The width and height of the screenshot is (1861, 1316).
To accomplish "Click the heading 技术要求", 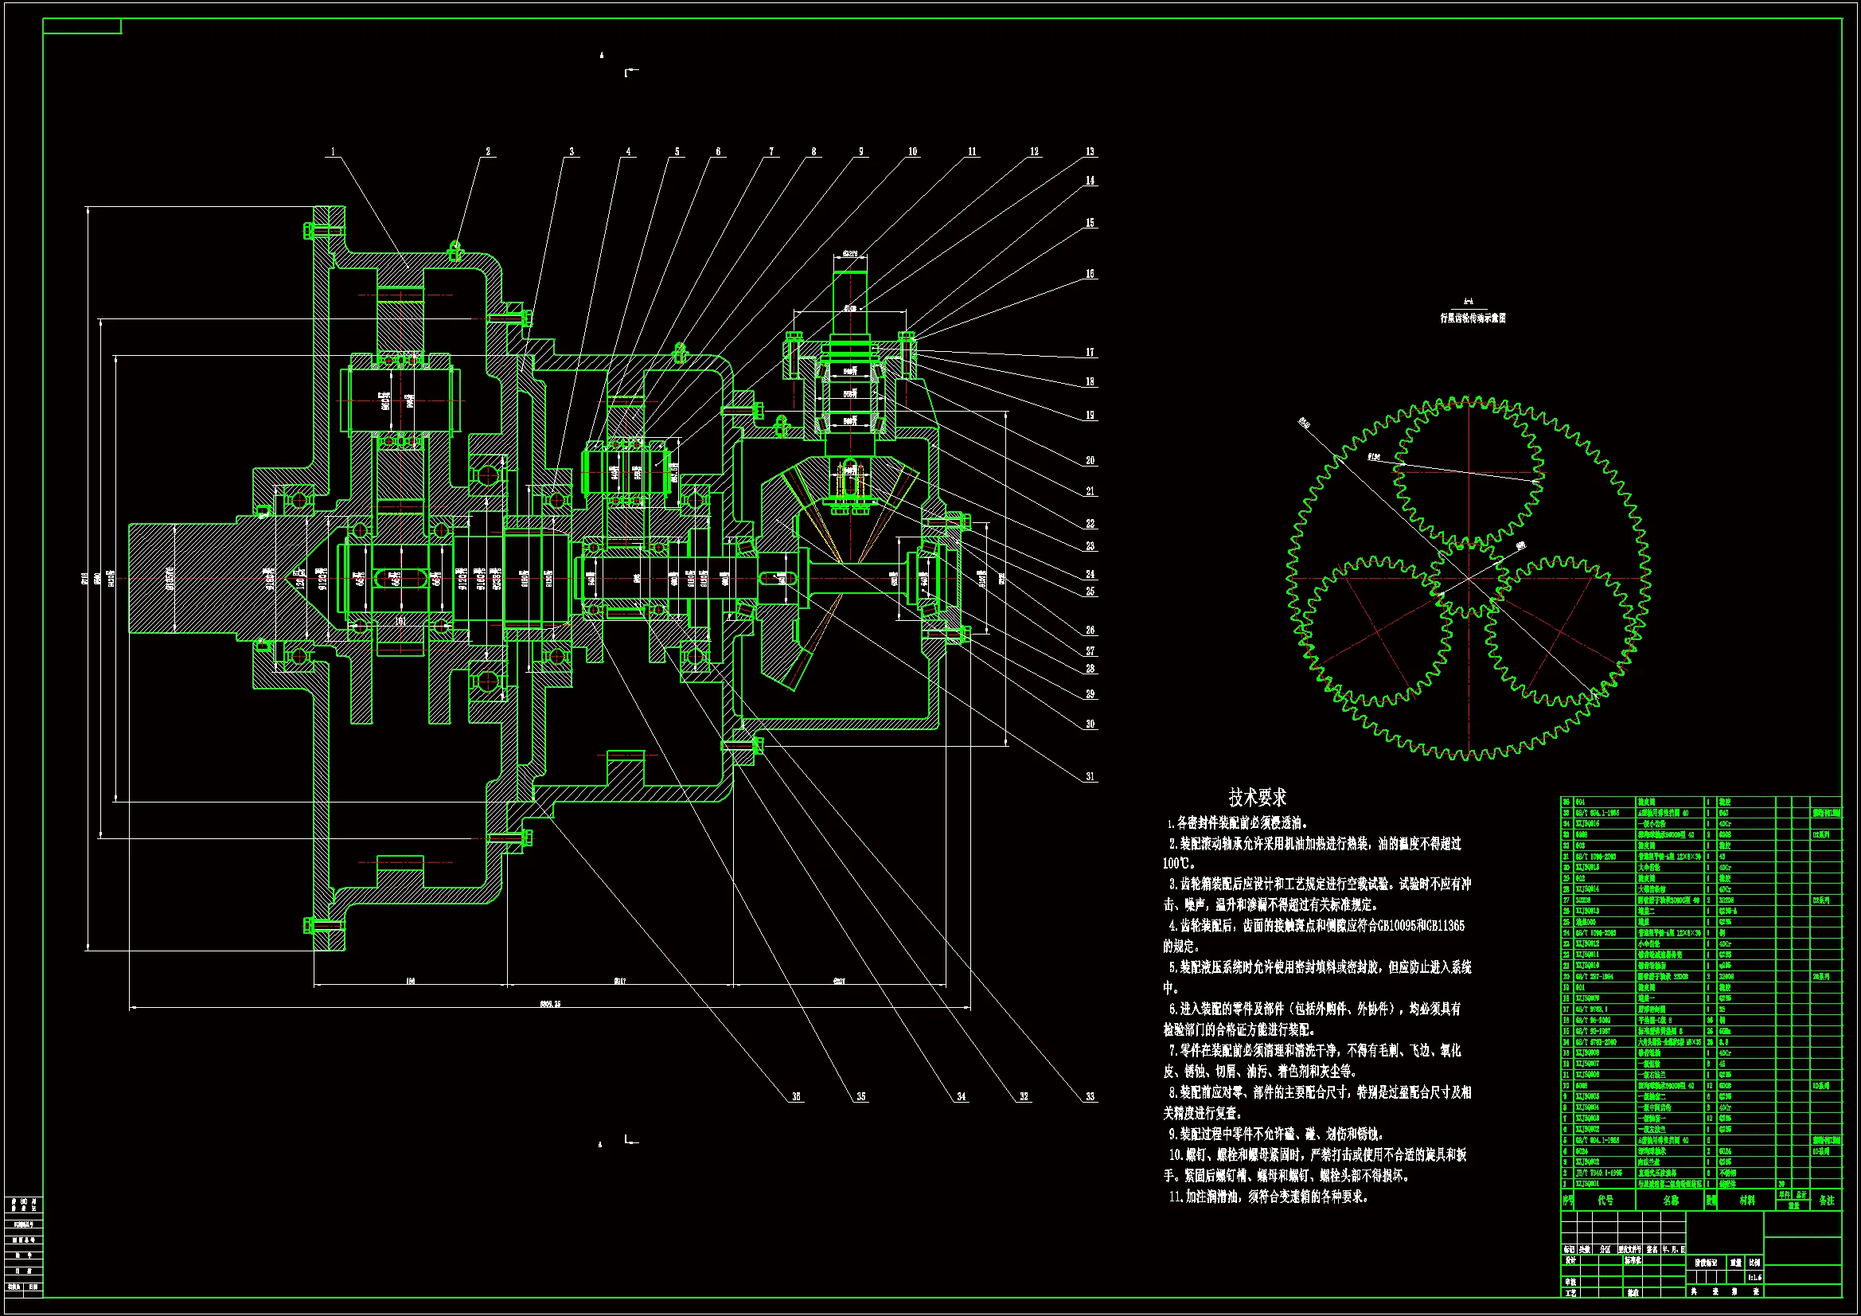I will pyautogui.click(x=1257, y=797).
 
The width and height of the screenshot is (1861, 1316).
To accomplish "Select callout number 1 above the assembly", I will pyautogui.click(x=333, y=151).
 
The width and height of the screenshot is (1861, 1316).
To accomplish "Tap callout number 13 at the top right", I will pyautogui.click(x=1090, y=151).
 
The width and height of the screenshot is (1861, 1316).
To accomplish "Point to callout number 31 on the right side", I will pyautogui.click(x=1090, y=776).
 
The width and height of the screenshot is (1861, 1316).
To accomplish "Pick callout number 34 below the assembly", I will pyautogui.click(x=962, y=1096).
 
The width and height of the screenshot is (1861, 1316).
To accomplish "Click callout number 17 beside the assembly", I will pyautogui.click(x=1090, y=353).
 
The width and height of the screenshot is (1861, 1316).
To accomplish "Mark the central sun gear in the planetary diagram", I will pyautogui.click(x=1468, y=579).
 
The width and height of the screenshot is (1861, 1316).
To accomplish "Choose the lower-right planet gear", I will pyautogui.click(x=1560, y=631).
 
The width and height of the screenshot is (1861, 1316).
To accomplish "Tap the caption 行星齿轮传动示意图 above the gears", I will pyautogui.click(x=1473, y=318).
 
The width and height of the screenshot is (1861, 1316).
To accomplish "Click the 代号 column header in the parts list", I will pyautogui.click(x=1605, y=1200).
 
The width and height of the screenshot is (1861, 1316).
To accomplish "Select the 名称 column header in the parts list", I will pyautogui.click(x=1671, y=1200).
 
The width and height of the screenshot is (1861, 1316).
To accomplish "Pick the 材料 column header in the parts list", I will pyautogui.click(x=1746, y=1200).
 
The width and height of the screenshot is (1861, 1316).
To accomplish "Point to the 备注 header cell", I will pyautogui.click(x=1826, y=1200).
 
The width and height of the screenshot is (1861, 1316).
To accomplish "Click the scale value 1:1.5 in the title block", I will pyautogui.click(x=1754, y=1277).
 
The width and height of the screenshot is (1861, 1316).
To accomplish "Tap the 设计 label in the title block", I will pyautogui.click(x=1570, y=1261).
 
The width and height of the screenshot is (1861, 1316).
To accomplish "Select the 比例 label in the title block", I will pyautogui.click(x=1754, y=1263).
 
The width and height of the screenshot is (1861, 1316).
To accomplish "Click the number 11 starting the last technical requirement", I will pyautogui.click(x=1176, y=1196).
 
